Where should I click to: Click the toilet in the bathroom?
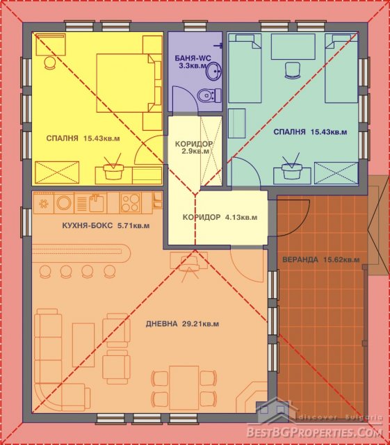(209, 96)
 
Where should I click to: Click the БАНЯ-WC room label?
(193, 63)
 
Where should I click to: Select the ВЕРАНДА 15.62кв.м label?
(320, 259)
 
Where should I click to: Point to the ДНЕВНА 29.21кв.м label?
(182, 323)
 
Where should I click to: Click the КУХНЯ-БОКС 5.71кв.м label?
(105, 226)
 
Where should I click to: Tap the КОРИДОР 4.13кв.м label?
(220, 218)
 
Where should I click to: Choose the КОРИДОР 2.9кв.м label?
(193, 147)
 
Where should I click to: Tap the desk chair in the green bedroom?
(293, 70)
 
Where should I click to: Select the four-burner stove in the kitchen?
(130, 202)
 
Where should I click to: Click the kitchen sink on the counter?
(96, 202)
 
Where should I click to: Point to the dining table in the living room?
(184, 387)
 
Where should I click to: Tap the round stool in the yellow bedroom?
(50, 63)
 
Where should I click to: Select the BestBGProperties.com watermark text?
(314, 432)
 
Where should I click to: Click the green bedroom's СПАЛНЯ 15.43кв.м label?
(310, 132)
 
